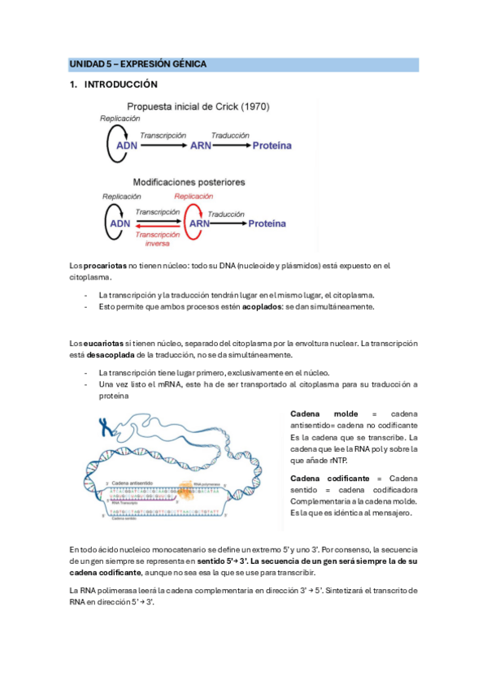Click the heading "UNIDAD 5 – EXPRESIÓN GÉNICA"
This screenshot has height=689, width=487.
pos(137,63)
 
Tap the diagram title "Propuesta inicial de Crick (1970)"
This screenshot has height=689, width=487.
pos(198,106)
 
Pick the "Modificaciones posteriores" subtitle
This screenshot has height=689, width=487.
pos(189,183)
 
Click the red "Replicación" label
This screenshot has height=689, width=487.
pos(193,197)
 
